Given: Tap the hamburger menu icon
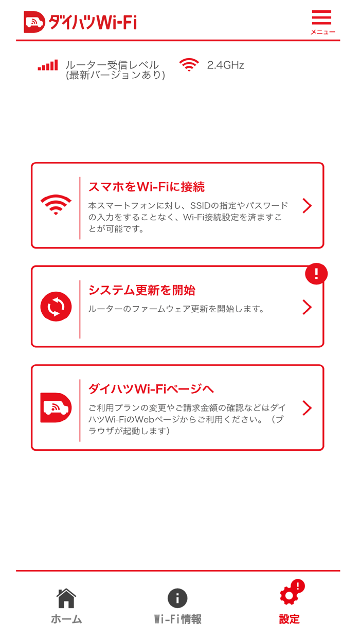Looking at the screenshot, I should pos(322,19).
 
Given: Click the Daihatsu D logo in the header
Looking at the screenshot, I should pos(34,22).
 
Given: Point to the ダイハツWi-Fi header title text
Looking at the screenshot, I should pos(93,22).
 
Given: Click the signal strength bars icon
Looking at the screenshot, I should pos(48,65).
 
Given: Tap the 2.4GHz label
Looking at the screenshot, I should pos(225,65).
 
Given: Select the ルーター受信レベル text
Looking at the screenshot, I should pos(112,65).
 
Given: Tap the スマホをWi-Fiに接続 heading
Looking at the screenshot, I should pos(147,186).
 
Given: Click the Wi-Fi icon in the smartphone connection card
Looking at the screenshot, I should pos(56,205).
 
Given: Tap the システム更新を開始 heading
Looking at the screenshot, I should pos(141,290).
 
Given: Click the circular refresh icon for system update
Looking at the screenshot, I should pos(56,307).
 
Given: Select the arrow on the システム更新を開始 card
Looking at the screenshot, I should pos(307,307).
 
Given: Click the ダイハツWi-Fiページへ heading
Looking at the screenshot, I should pos(151,388).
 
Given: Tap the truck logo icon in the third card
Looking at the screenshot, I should pos(56,408).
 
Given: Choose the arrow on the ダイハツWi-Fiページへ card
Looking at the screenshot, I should pos(307,408).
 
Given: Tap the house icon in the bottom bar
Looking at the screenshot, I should pos(66,598).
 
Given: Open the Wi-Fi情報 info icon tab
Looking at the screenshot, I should pos(177,598).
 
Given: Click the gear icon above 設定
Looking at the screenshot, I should pos(289,596).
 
